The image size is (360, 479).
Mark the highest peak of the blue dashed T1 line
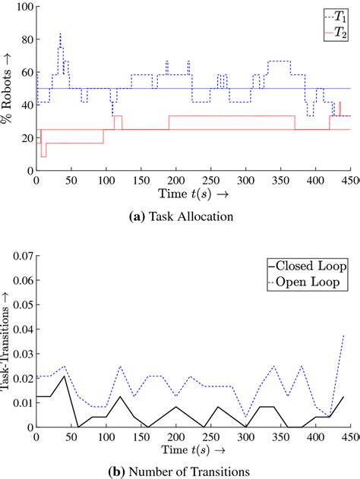[x=60, y=34]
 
